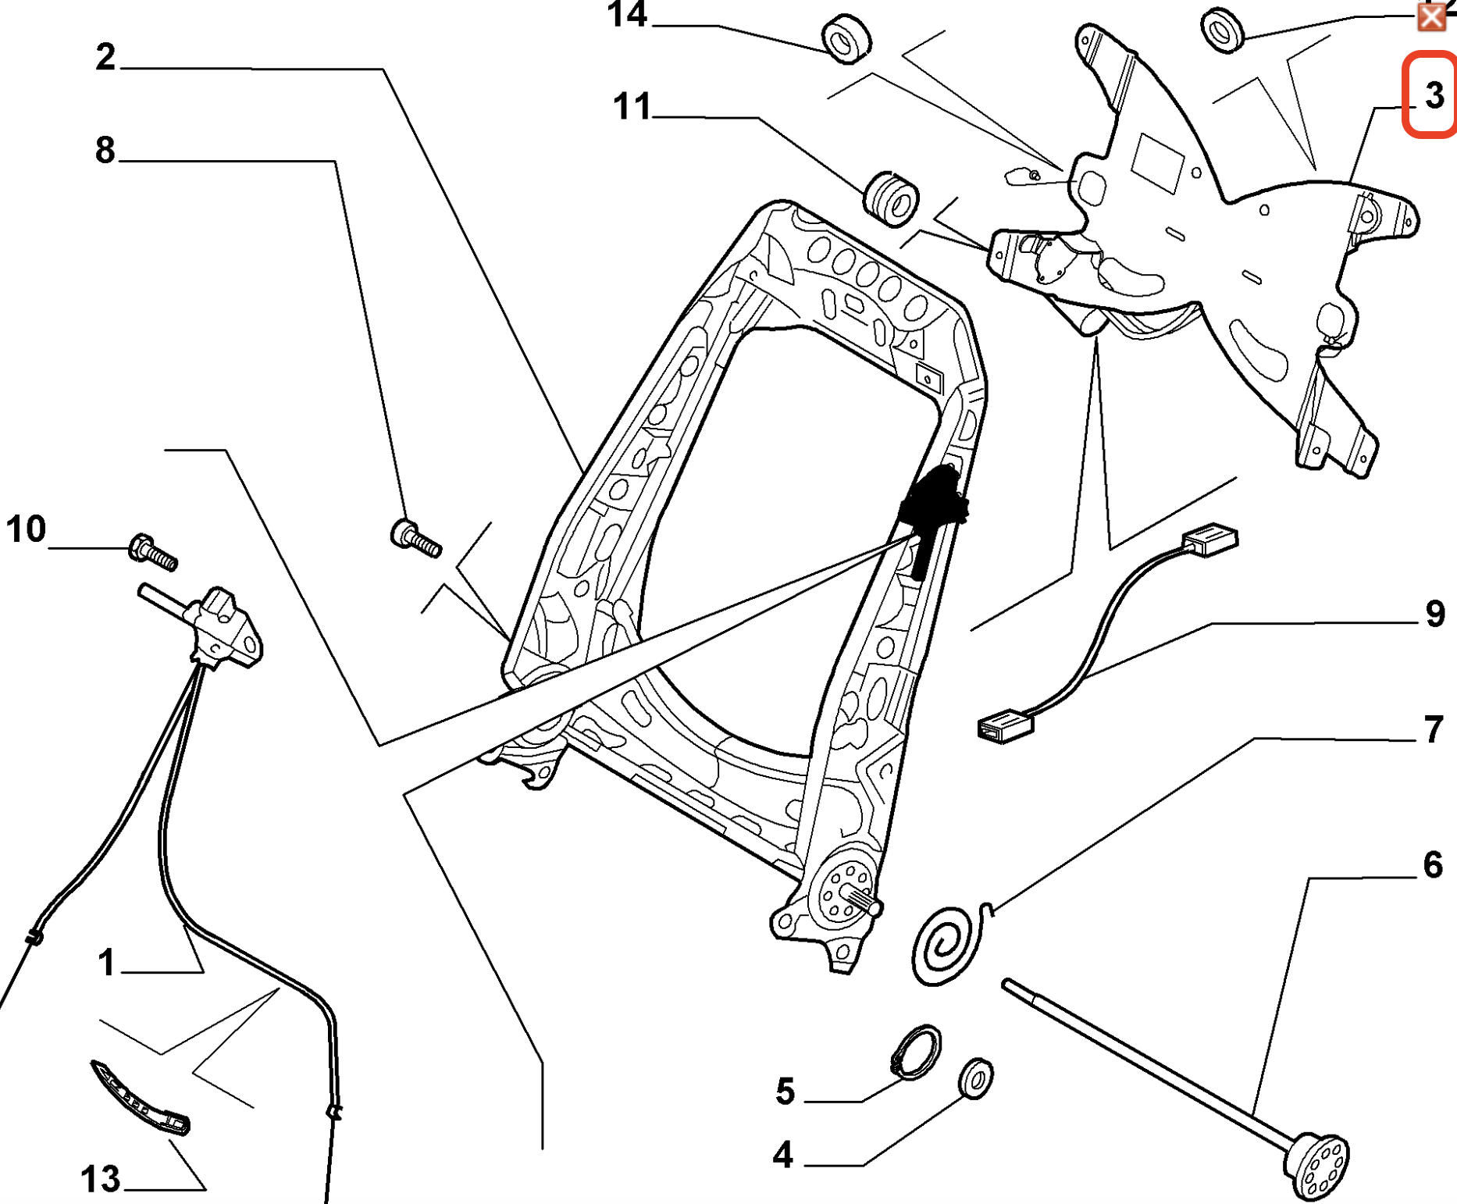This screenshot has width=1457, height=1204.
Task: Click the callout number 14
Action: click(628, 15)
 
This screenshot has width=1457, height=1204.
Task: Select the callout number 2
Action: click(105, 57)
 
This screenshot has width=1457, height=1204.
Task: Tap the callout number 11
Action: click(632, 106)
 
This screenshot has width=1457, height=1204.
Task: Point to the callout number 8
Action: click(105, 149)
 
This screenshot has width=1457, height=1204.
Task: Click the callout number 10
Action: click(26, 529)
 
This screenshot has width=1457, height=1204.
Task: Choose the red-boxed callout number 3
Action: click(1434, 95)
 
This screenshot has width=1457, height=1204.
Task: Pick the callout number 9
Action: click(1435, 614)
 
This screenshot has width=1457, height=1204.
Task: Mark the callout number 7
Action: click(1434, 729)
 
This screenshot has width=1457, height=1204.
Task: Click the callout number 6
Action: click(1434, 864)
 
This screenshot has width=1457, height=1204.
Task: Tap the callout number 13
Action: click(101, 1179)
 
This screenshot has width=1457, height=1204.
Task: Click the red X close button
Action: click(1431, 17)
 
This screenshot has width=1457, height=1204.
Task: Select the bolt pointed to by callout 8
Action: click(415, 537)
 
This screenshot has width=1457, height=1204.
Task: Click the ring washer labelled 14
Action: click(846, 38)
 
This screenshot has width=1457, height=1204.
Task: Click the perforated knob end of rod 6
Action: click(1317, 1167)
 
